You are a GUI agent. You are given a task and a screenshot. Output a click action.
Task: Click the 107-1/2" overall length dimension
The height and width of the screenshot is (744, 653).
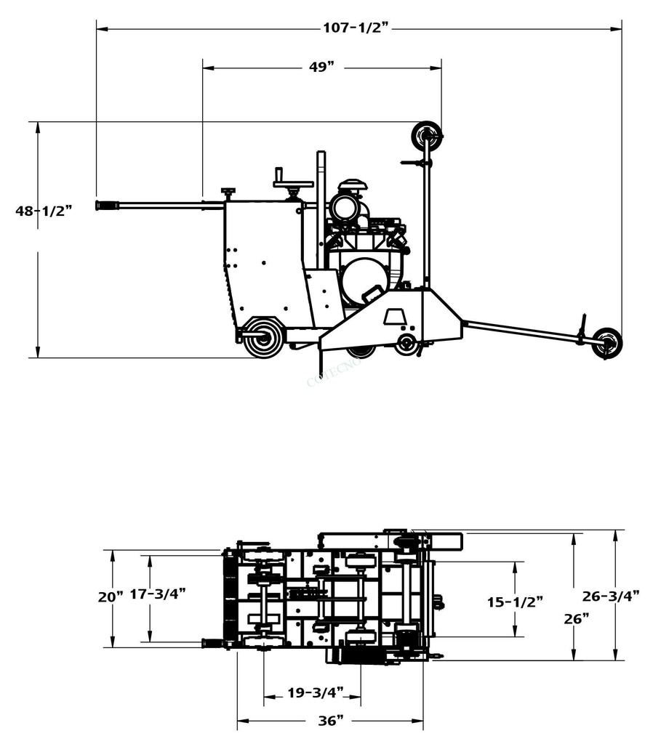(356, 28)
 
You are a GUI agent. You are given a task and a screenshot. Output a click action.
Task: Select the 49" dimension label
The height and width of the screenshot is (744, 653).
(321, 68)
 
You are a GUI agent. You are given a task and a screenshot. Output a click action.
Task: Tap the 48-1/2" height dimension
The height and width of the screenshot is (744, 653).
(44, 211)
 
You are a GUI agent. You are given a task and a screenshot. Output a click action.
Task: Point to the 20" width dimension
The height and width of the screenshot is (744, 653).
(111, 597)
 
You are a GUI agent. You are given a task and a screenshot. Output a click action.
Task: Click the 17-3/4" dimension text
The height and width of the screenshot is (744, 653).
(158, 594)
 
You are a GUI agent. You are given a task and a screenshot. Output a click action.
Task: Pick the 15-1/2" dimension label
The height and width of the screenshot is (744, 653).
(515, 602)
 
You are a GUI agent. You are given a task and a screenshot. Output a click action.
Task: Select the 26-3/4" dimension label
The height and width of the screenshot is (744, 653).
(611, 596)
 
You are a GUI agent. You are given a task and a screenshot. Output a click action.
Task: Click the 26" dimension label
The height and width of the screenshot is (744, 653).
(576, 618)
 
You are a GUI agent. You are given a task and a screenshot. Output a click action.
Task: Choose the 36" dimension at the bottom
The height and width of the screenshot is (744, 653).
(331, 720)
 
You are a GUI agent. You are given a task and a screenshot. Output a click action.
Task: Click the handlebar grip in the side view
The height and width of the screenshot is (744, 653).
(107, 206)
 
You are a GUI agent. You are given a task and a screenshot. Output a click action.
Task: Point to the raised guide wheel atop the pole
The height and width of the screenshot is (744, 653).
(426, 135)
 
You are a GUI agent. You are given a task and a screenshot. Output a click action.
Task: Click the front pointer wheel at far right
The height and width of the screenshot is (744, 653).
(606, 342)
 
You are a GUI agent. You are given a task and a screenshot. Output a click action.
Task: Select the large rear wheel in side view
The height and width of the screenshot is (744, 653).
(263, 338)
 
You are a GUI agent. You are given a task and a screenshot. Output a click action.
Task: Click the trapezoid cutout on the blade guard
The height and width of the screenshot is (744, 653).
(395, 316)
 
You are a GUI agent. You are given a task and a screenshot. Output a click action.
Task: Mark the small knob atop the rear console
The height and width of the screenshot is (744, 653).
(228, 192)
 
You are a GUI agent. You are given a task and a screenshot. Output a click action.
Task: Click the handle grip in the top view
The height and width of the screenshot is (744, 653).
(213, 643)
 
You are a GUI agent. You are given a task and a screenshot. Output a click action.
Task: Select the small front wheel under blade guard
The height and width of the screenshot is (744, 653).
(407, 342)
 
